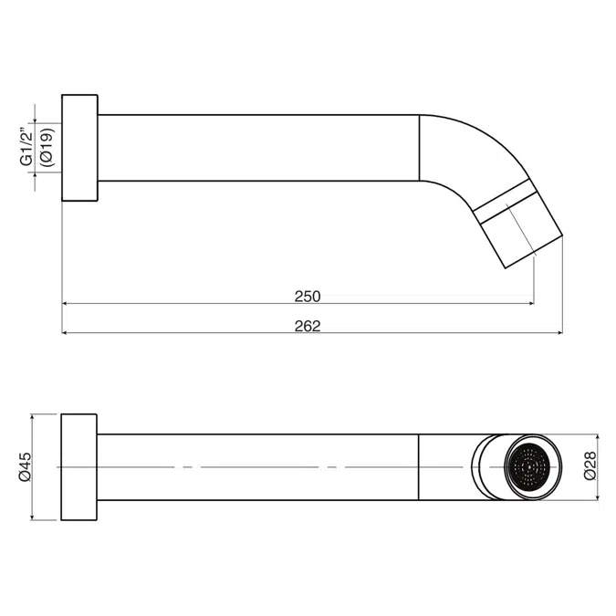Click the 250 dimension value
308,297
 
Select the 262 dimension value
308,326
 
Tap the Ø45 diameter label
25,466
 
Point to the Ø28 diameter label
590,466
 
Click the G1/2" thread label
26,146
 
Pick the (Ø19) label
47,147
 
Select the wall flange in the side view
79,148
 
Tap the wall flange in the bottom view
79,467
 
